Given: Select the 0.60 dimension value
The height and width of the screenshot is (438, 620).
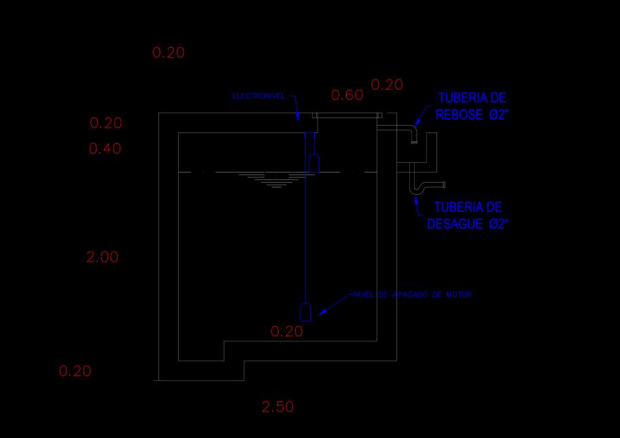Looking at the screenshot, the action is point(347,95).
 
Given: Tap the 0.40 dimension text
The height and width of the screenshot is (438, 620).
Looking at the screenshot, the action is point(105,149).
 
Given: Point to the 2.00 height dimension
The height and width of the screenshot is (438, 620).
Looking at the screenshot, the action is point(103,257).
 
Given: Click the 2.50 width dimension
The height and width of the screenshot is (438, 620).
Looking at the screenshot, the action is point(278,407).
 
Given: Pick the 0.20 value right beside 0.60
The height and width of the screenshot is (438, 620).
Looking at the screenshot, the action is point(387,85).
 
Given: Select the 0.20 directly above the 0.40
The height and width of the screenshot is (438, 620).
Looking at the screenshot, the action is point(106,123).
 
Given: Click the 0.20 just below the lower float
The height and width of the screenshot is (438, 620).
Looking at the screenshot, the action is point(287,331).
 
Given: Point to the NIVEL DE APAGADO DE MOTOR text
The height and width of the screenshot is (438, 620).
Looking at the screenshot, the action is point(413,295).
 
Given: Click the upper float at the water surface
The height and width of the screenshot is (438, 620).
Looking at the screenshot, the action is point(315,163).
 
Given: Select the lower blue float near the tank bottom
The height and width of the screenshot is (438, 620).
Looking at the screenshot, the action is point(306,311).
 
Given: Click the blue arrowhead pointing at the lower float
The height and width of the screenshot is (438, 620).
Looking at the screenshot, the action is point(322,311).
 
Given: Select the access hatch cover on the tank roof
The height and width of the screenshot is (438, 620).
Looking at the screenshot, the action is point(347,116).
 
